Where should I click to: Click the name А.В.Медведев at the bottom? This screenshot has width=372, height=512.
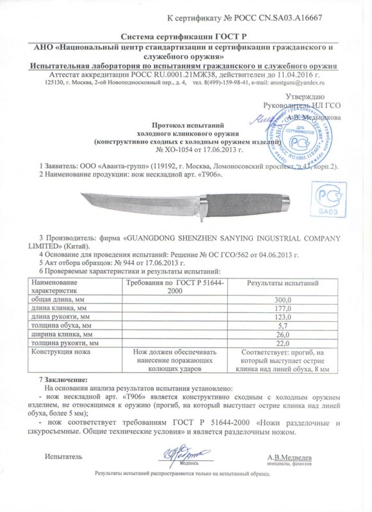point(290,458)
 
